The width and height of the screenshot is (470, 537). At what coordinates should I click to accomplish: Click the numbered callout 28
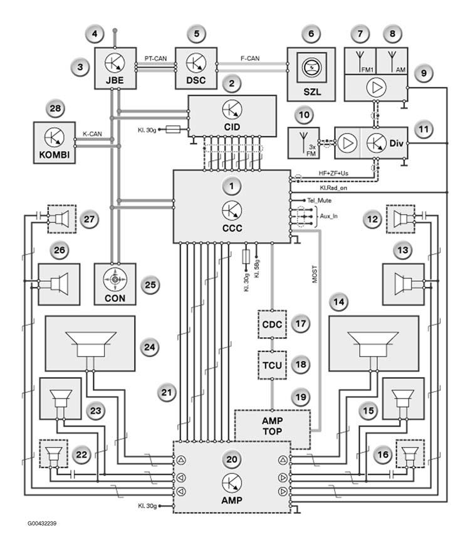pos(56,108)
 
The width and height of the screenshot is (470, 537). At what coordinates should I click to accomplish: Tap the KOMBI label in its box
pos(55,155)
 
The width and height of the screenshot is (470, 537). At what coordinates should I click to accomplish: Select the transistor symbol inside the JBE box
pos(115,63)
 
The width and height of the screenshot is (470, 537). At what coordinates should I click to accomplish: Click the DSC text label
pos(196,80)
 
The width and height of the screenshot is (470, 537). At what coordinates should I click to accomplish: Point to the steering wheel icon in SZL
pos(311,68)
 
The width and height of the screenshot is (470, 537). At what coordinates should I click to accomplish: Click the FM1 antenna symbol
pos(360,61)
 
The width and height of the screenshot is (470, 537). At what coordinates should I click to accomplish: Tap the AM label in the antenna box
pos(401,70)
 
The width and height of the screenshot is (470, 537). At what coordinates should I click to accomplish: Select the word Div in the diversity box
pos(396,143)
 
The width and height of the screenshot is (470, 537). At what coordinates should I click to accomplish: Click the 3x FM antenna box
pos(303,143)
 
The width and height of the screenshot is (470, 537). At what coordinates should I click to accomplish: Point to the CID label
pos(232,127)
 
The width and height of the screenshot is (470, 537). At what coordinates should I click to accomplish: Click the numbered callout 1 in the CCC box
pos(232,186)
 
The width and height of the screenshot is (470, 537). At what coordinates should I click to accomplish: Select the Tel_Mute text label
pos(319,201)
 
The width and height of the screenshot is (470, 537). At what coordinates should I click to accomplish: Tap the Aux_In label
pos(329,216)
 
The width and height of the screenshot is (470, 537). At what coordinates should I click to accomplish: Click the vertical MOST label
pos(315,274)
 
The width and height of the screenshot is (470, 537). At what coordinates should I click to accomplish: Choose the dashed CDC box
pos(272,325)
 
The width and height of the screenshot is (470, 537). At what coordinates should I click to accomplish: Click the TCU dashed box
pos(272,365)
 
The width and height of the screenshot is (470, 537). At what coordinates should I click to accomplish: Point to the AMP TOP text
pos(273,426)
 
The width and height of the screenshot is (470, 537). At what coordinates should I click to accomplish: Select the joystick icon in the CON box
pos(115,280)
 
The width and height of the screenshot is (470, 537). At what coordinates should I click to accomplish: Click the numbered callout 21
pos(167,392)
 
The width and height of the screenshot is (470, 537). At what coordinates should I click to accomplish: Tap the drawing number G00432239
pos(42,523)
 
